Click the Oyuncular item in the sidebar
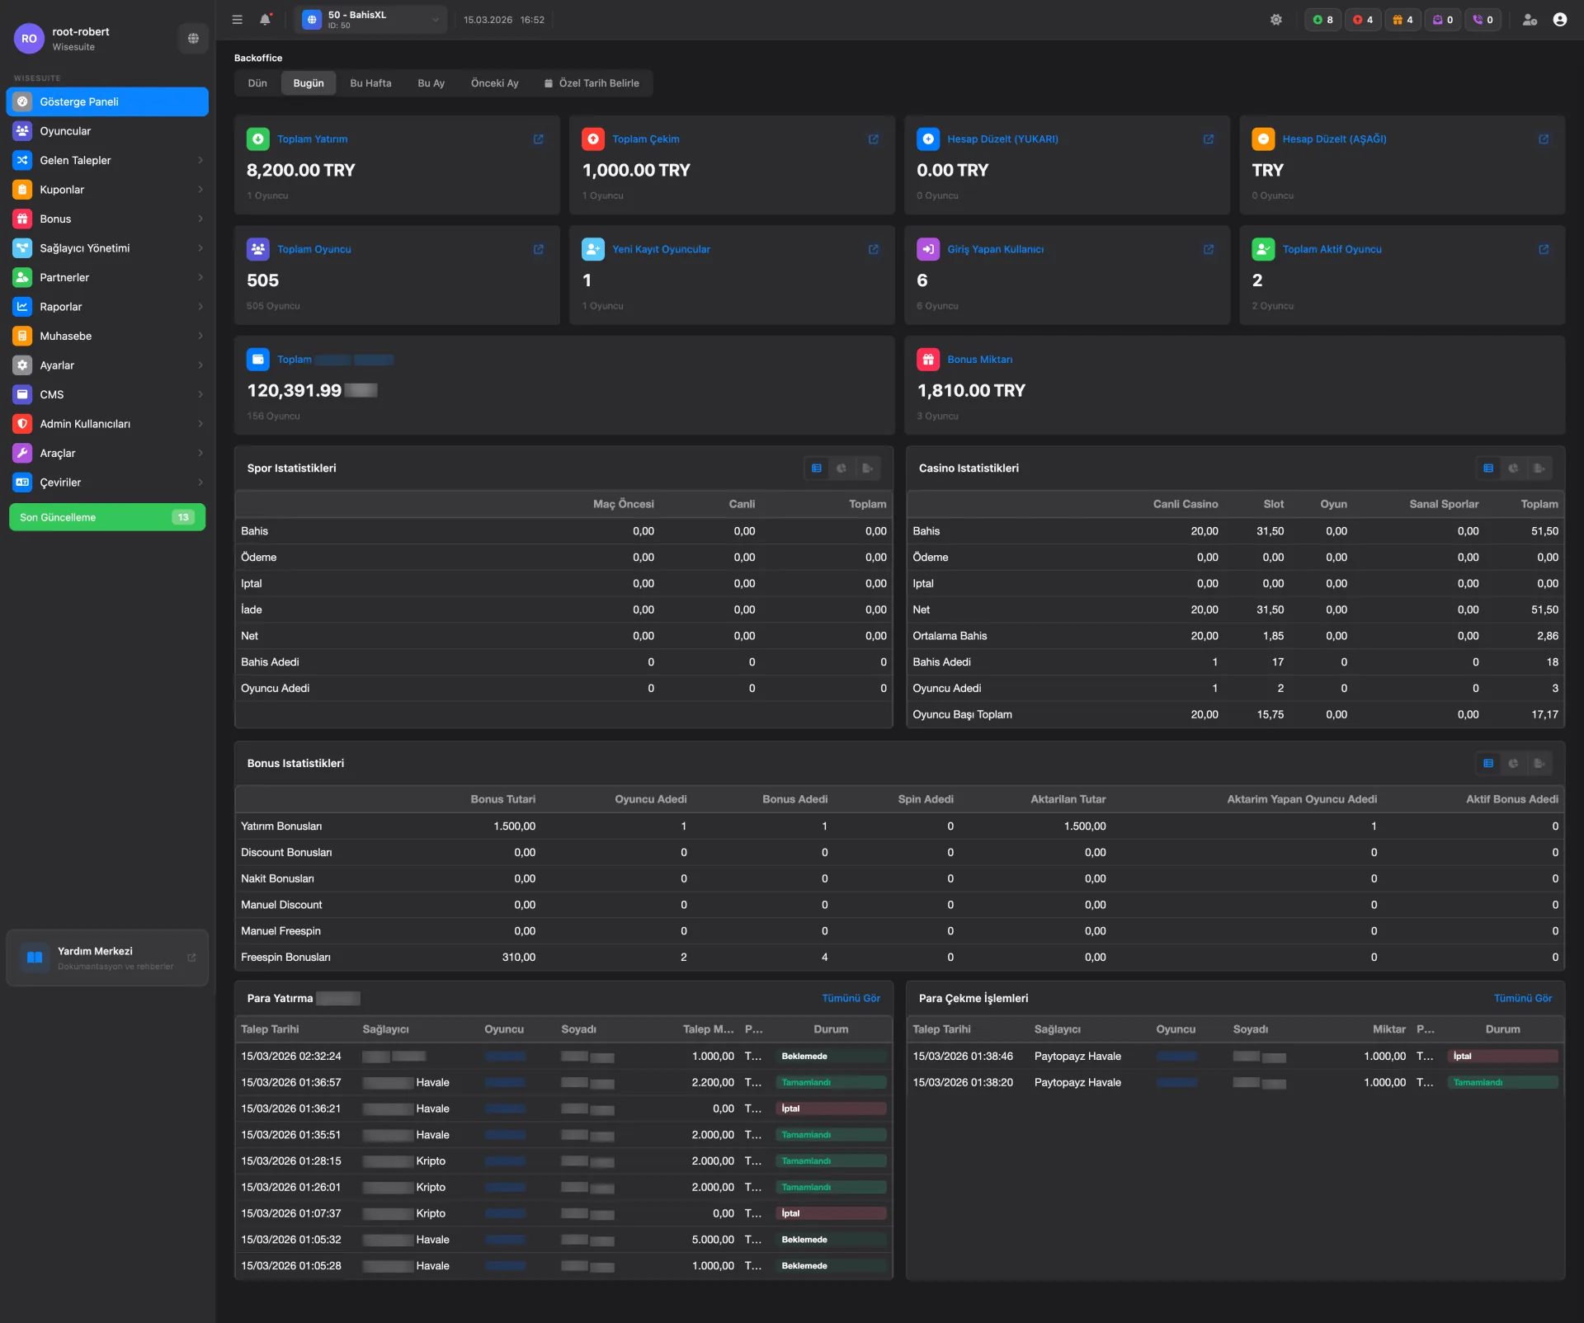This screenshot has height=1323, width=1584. [x=65, y=131]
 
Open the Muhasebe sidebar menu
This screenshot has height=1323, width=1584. [x=66, y=336]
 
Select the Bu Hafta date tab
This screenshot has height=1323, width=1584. [x=370, y=83]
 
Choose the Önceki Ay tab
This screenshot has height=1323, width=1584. [x=494, y=83]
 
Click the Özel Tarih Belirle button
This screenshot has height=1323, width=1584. [x=592, y=83]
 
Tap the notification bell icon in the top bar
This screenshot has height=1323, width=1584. [x=265, y=20]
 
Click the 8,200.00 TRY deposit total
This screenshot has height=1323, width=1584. [x=300, y=170]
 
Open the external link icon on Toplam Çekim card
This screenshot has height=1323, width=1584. [x=873, y=139]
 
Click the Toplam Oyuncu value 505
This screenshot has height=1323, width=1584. [x=262, y=280]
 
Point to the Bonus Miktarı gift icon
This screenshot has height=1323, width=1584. [x=928, y=360]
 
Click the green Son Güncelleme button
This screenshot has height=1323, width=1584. [x=106, y=517]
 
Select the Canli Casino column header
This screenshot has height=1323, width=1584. [x=1185, y=504]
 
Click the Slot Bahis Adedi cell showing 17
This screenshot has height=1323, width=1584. [x=1277, y=662]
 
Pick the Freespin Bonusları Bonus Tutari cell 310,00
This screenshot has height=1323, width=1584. [x=518, y=958]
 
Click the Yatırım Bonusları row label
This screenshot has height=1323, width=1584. [x=281, y=826]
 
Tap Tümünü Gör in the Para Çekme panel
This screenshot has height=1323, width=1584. [x=1522, y=998]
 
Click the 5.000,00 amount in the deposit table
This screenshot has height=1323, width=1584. [x=712, y=1240]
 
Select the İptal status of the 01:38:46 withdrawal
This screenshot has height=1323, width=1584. [x=1502, y=1057]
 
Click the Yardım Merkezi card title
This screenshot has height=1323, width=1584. [x=95, y=951]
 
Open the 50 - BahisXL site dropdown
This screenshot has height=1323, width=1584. [x=370, y=20]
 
